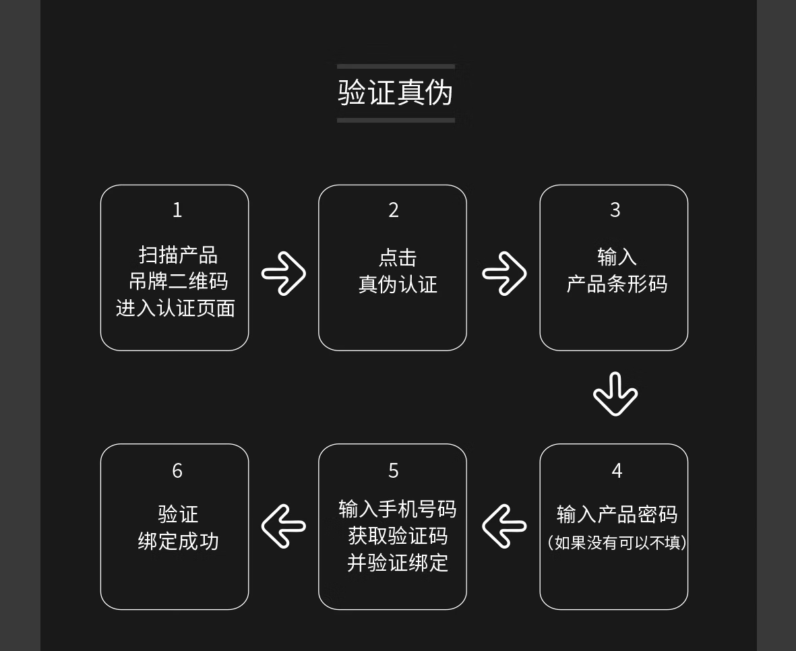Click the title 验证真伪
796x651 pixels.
(396, 93)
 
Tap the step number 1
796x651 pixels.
(177, 210)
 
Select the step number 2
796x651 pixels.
(394, 210)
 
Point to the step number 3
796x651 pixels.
(615, 210)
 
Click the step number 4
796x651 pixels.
(617, 470)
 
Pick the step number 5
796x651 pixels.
(394, 470)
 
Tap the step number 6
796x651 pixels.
(177, 470)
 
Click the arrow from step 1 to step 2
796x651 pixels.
(284, 273)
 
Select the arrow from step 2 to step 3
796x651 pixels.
(504, 273)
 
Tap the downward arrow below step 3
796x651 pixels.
(615, 394)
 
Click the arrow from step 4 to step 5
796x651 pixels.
(504, 526)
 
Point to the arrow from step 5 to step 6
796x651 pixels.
(284, 526)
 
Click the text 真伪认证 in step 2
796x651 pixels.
(398, 284)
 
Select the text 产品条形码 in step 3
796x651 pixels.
(617, 284)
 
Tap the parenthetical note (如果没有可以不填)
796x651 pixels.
(617, 542)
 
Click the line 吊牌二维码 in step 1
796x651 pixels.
(178, 281)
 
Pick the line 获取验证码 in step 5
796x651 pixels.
(398, 536)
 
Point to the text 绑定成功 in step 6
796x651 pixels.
(178, 542)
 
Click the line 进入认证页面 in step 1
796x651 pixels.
(175, 308)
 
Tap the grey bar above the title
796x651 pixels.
(396, 67)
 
